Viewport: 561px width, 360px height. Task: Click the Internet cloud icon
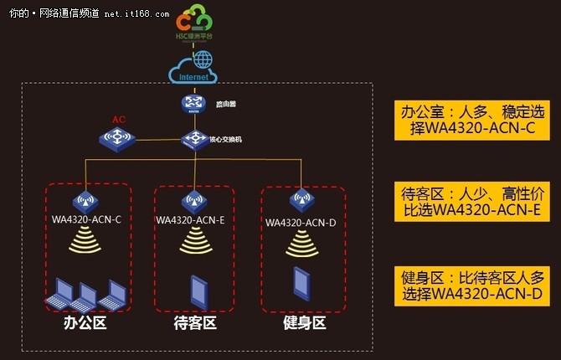click(x=193, y=70)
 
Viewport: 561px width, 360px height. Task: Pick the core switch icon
click(x=195, y=139)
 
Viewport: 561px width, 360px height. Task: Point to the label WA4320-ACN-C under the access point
click(x=82, y=220)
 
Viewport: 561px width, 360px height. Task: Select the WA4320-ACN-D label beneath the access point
click(x=302, y=223)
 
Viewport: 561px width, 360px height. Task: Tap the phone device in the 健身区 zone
click(x=303, y=284)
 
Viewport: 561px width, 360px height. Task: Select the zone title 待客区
click(x=193, y=322)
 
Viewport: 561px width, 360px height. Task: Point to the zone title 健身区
click(x=303, y=322)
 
